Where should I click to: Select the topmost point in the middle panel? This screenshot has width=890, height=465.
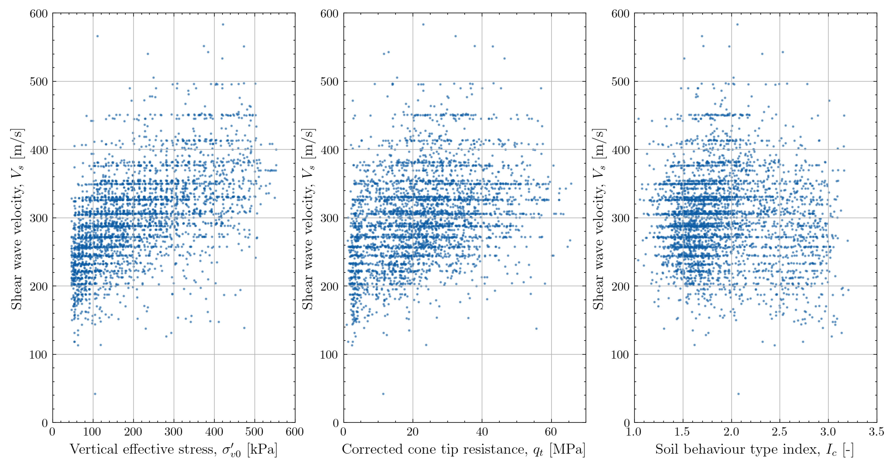pyautogui.click(x=423, y=24)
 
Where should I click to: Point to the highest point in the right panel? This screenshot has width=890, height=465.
pyautogui.click(x=737, y=24)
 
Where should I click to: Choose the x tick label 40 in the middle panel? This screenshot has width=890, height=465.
pyautogui.click(x=482, y=432)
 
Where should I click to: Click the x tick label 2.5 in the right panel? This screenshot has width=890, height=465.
pyautogui.click(x=780, y=432)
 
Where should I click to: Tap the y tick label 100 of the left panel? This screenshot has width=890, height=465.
pyautogui.click(x=39, y=355)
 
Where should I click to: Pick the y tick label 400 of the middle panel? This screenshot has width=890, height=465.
pyautogui.click(x=329, y=150)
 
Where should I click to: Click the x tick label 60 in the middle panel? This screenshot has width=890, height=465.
pyautogui.click(x=551, y=432)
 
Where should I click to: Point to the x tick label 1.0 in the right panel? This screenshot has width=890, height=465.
pyautogui.click(x=634, y=432)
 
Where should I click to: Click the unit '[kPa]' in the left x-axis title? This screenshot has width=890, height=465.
pyautogui.click(x=262, y=449)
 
